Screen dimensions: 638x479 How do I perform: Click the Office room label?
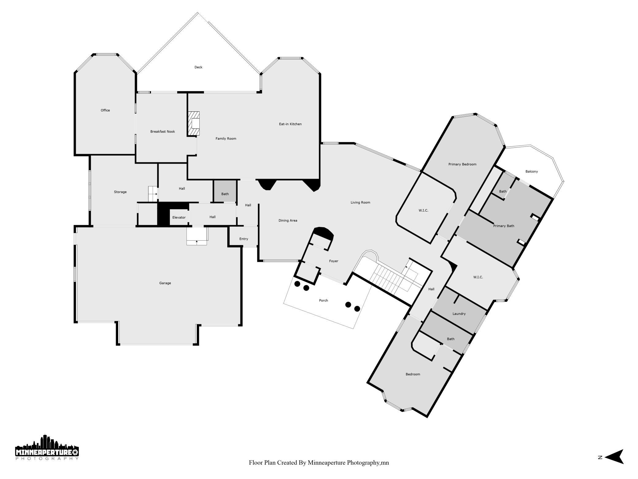tap(105, 110)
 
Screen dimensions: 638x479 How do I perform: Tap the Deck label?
tap(198, 67)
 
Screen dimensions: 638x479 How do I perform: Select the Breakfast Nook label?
tap(163, 131)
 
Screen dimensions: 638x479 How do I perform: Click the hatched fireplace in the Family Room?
tap(194, 123)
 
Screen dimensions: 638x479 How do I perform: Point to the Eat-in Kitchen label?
tap(290, 124)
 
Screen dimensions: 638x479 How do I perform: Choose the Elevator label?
tap(179, 217)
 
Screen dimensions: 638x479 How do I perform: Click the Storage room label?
tap(120, 192)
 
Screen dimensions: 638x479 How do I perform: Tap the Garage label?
tap(165, 283)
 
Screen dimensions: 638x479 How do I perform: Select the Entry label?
tap(244, 239)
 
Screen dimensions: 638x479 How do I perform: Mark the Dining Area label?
tap(288, 220)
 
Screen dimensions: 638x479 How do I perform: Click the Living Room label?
tap(360, 202)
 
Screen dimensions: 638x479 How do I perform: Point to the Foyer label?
tap(334, 261)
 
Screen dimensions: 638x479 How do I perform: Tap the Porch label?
tap(324, 300)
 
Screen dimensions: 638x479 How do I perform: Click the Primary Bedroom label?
tap(462, 164)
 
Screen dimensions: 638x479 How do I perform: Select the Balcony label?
tap(532, 172)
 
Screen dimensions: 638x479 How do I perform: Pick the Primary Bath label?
tap(504, 226)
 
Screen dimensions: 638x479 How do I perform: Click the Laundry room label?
tap(459, 314)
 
